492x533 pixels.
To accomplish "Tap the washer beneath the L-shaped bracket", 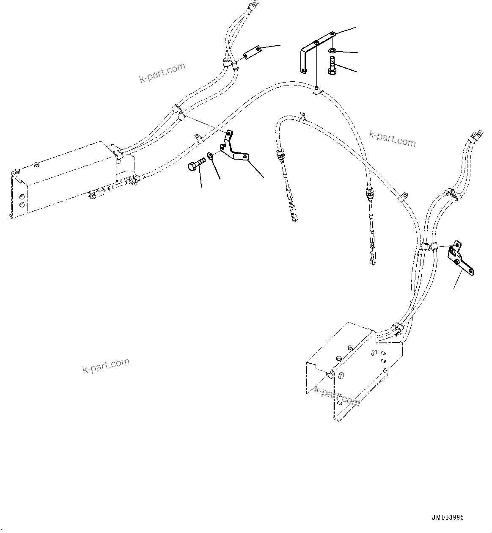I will [x=333, y=51].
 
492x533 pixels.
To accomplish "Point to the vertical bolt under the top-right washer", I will [x=332, y=66].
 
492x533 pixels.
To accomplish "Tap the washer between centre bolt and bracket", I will [x=211, y=157].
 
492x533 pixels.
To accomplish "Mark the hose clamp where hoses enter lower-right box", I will [x=397, y=328].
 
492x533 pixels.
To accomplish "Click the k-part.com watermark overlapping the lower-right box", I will [x=337, y=395].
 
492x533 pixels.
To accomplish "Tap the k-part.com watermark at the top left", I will [x=162, y=73].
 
